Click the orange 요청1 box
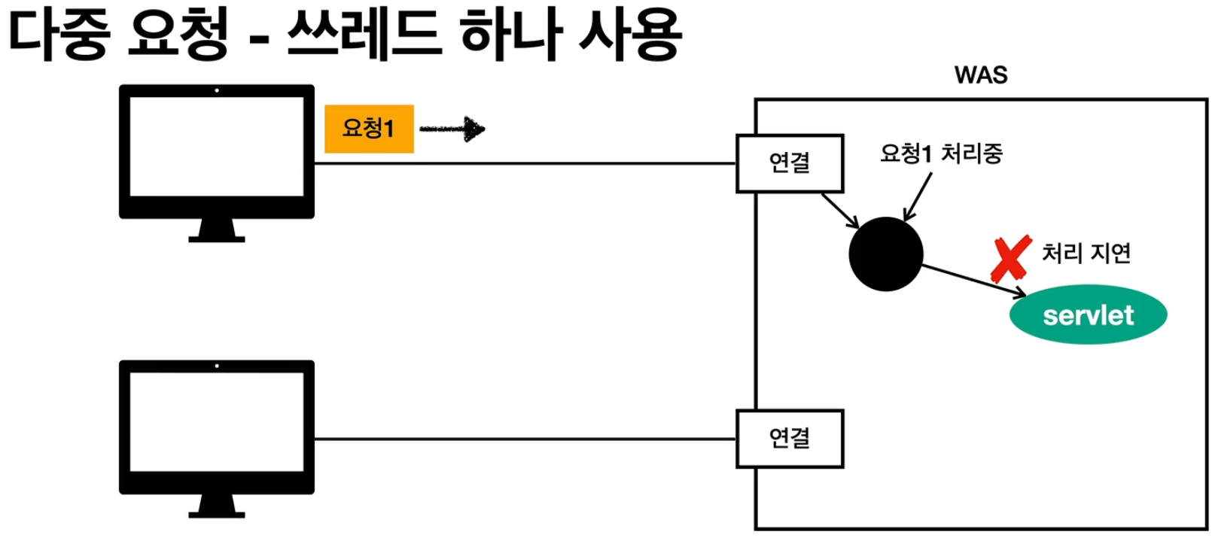(369, 129)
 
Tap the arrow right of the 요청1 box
(452, 129)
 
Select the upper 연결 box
(789, 163)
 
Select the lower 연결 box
(789, 439)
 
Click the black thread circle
(885, 254)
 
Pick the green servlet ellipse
(1088, 315)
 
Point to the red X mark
(1010, 259)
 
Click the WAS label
(980, 74)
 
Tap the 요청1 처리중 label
(941, 153)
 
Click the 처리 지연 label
(1086, 253)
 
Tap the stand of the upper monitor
(217, 230)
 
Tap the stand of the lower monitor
(217, 506)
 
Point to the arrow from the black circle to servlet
(974, 280)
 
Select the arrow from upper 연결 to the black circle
(840, 210)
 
